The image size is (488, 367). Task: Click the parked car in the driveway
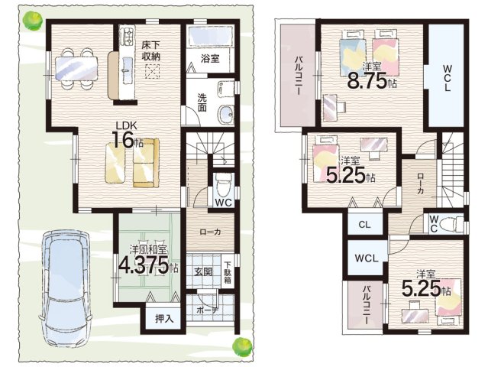pyautogui.click(x=65, y=288)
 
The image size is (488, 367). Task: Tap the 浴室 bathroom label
pyautogui.click(x=210, y=58)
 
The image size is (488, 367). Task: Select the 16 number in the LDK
pyautogui.click(x=123, y=140)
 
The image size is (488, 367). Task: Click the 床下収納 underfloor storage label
pyautogui.click(x=151, y=50)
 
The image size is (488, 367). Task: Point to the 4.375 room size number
pyautogui.click(x=144, y=265)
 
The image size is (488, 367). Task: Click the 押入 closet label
pyautogui.click(x=164, y=319)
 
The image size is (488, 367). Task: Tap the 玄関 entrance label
pyautogui.click(x=204, y=272)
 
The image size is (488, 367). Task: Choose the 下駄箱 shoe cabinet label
pyautogui.click(x=228, y=272)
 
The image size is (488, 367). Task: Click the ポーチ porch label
pyautogui.click(x=208, y=310)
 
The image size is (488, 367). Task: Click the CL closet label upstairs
pyautogui.click(x=364, y=224)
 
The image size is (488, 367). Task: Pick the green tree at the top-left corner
pyautogui.click(x=33, y=21)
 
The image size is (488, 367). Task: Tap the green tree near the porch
pyautogui.click(x=242, y=346)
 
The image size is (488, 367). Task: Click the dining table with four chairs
pyautogui.click(x=76, y=69)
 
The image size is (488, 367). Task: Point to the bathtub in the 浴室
pyautogui.click(x=210, y=36)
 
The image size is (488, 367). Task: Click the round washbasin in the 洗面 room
pyautogui.click(x=225, y=113)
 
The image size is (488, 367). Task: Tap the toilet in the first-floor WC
pyautogui.click(x=224, y=186)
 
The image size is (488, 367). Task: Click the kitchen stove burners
pyautogui.click(x=128, y=35)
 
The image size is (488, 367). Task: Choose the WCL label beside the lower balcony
pyautogui.click(x=367, y=258)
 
